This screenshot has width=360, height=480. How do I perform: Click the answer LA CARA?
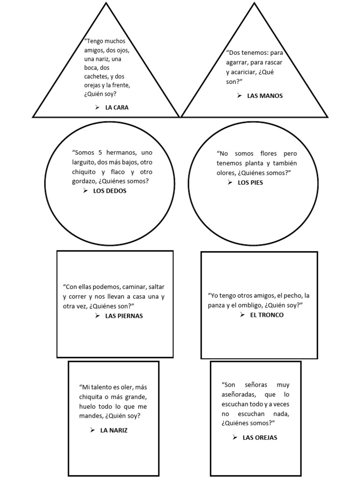point(117,107)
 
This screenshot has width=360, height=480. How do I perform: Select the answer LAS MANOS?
point(265,96)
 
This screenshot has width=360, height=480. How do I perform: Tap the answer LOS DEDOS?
point(110,191)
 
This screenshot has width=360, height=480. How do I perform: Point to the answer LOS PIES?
point(250,182)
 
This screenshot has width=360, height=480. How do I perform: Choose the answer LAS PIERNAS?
point(124,315)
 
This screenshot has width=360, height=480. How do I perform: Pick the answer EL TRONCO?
point(267,315)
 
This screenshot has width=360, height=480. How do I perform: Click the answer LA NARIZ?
point(114,430)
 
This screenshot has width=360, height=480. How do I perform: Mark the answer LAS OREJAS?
point(260,437)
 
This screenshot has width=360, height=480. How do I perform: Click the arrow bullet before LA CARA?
point(97,107)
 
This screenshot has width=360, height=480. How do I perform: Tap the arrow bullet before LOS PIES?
point(230,182)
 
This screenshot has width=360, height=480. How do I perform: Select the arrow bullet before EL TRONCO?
point(242,315)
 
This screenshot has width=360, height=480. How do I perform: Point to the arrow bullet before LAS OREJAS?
point(234,437)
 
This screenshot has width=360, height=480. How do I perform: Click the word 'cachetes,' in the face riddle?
point(98,76)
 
